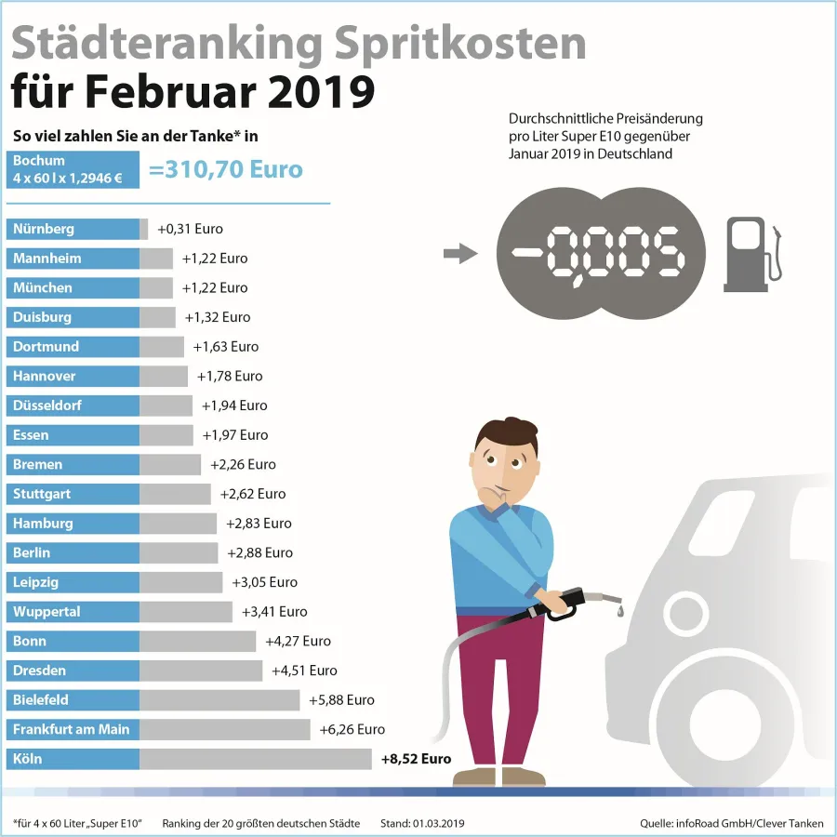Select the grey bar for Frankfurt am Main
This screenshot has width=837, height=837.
(x=224, y=729)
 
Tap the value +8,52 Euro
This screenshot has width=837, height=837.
(x=416, y=759)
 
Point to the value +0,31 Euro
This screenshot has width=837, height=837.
(x=190, y=229)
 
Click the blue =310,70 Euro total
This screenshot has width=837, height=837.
(x=225, y=169)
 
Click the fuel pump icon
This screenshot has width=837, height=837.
(x=751, y=254)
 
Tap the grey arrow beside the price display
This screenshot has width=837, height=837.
(x=459, y=253)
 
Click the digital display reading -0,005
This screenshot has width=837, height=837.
(x=601, y=253)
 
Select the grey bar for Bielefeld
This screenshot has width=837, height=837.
(x=219, y=700)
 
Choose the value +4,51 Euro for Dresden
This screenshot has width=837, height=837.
(x=304, y=671)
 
